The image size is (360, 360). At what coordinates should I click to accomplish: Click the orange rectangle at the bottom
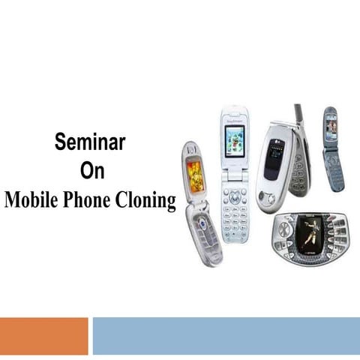point(43,335)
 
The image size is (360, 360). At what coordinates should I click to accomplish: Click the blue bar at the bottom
point(226,335)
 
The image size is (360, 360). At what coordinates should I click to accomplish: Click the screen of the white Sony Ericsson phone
point(235,139)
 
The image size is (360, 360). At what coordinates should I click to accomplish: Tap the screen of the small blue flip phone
point(331,127)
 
